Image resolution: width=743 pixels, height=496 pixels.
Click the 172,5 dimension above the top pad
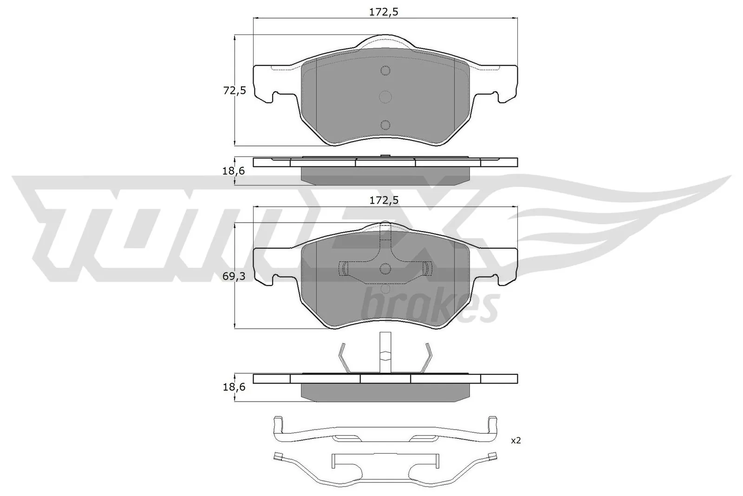pos(384,13)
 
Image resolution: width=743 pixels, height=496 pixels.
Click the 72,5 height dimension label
pos(234,91)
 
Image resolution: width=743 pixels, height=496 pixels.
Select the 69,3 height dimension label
pos(234,276)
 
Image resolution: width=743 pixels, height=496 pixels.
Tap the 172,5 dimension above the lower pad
pos(384,201)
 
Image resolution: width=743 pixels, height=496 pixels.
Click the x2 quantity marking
pos(515,440)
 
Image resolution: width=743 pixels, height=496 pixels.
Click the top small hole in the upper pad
pos(385,71)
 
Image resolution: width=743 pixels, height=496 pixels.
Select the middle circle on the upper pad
pos(385,97)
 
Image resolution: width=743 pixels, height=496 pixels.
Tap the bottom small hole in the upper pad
pos(385,124)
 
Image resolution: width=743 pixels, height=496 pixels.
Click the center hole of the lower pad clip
pos(385,268)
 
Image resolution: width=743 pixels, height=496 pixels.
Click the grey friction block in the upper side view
pos(385,176)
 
